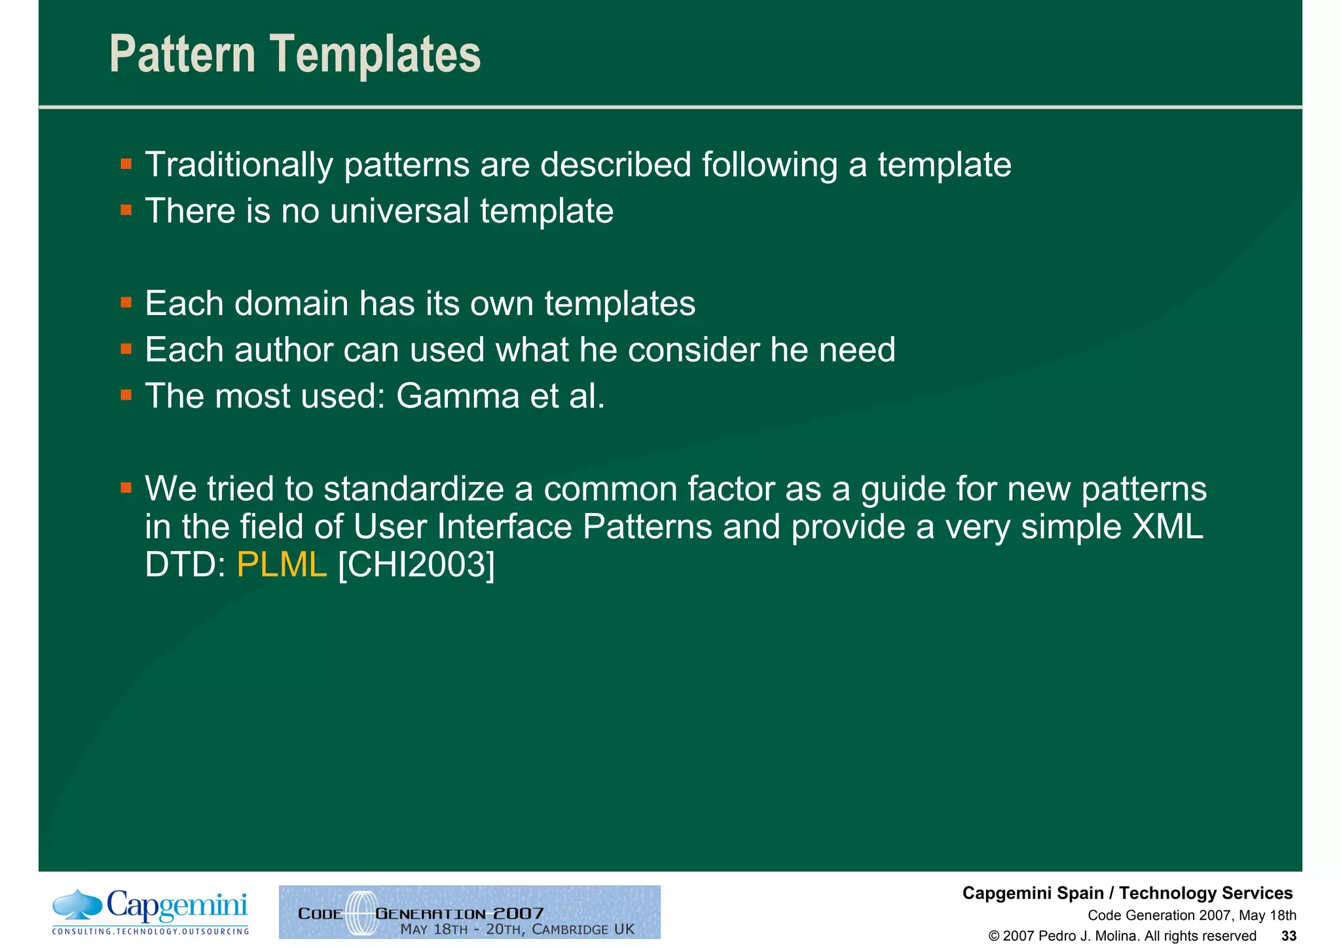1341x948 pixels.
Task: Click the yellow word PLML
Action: (x=282, y=564)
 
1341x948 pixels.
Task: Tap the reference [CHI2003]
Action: (x=416, y=564)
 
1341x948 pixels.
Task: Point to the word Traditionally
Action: (x=239, y=164)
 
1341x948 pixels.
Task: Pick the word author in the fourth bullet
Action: (x=285, y=350)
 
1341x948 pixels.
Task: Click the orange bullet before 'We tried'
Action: (x=126, y=487)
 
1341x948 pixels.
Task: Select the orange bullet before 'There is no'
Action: (x=126, y=210)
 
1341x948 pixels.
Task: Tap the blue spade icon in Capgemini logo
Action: (x=77, y=904)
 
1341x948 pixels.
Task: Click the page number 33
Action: (x=1289, y=936)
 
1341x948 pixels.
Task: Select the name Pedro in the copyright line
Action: (x=1056, y=936)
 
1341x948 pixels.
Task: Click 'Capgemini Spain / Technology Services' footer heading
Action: (x=1127, y=893)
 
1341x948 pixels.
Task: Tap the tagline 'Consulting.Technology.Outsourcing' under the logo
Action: (x=151, y=931)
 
